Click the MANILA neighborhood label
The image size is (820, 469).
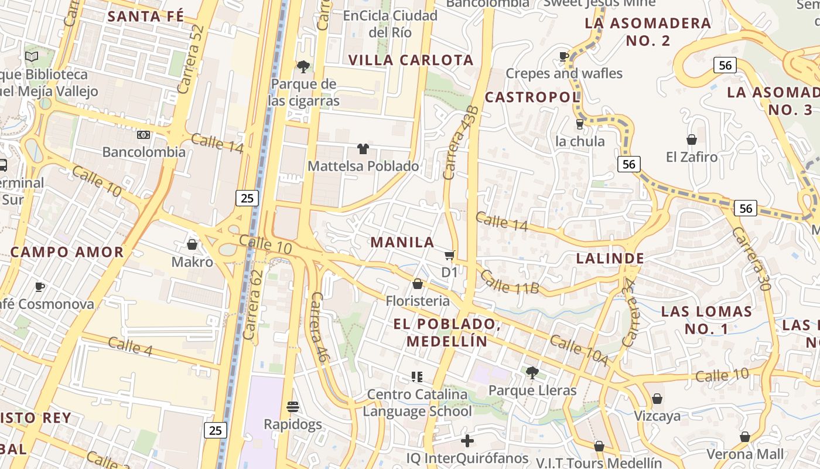pos(402,242)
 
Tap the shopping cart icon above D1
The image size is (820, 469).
pos(449,255)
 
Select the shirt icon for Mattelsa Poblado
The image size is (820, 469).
pos(363,149)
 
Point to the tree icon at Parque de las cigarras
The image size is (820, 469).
pos(303,67)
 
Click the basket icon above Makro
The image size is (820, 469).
pos(192,244)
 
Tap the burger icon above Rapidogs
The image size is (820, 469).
pos(293,406)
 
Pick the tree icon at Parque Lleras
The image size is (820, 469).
pos(532,372)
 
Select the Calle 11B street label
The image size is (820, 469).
pos(508,282)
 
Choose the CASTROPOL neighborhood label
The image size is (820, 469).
pos(532,97)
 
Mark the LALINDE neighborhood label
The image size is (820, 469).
pos(610,258)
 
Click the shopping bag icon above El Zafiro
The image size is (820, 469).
pos(692,140)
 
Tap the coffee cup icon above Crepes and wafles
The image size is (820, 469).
pos(563,56)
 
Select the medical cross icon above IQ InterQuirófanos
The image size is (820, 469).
pos(467,440)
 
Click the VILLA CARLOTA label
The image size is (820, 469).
pos(411,60)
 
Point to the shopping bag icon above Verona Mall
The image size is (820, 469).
pos(745,437)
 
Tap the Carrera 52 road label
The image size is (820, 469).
pos(191,59)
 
